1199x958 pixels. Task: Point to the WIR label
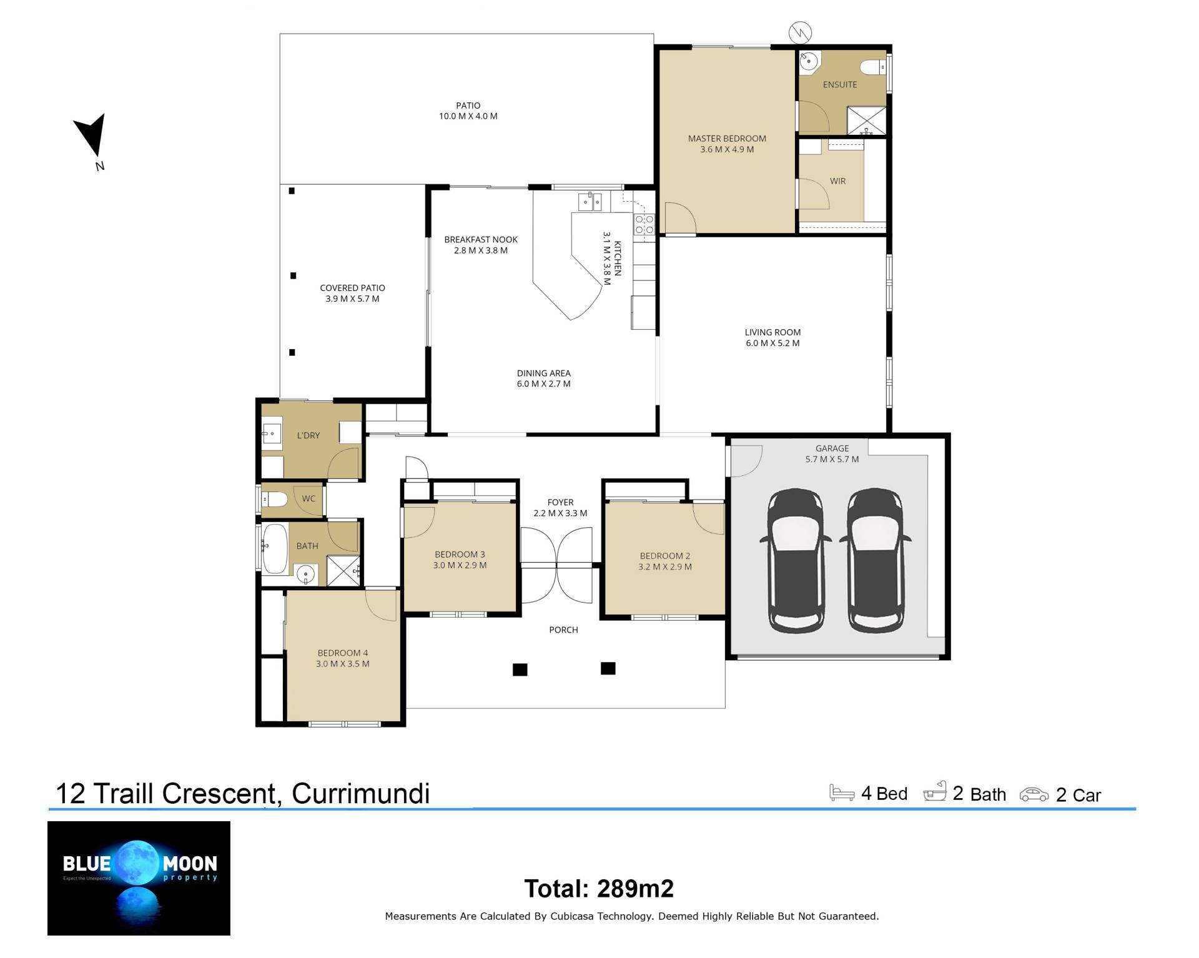coord(837,181)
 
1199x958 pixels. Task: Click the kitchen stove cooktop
coord(644,224)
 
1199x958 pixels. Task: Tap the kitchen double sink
coord(590,202)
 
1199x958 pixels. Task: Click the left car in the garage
coord(795,560)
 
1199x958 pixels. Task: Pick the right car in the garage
coord(875,560)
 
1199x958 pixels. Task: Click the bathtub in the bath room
coord(275,548)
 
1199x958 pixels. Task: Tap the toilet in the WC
coord(274,499)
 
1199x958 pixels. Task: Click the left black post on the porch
coord(520,669)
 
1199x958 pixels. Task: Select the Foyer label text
coord(560,502)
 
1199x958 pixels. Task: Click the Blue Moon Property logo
coord(139,878)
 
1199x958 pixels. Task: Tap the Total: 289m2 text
coord(599,889)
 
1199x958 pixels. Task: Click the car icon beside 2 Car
coord(1034,794)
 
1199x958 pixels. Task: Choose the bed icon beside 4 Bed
coord(842,792)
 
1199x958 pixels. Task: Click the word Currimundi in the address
coord(361,793)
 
